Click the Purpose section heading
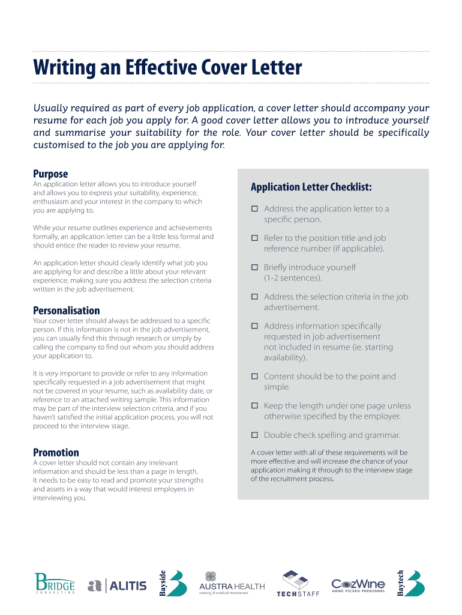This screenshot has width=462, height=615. coord(50,174)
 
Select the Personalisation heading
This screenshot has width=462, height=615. coord(66,311)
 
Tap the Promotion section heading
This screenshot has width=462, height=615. coord(56,453)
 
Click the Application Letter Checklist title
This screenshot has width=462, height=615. coord(311,187)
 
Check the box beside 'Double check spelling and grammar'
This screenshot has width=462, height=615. coord(254,434)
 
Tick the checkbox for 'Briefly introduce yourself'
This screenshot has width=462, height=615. coord(254,267)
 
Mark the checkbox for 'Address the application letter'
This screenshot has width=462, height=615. coord(254,208)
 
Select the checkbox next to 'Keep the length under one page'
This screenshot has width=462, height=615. coord(254,405)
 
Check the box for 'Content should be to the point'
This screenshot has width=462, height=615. coord(254,376)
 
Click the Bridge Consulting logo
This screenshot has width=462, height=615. coord(55,584)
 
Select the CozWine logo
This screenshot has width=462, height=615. coord(358,584)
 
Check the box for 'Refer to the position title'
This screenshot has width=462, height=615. coord(254,238)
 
